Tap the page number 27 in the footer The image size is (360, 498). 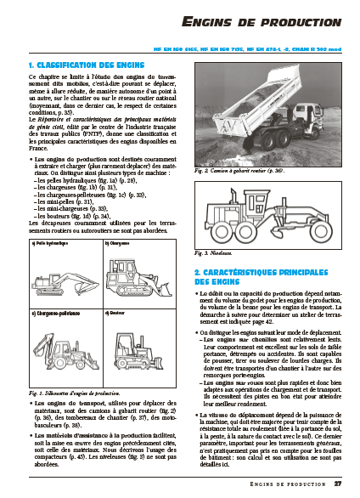337,485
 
